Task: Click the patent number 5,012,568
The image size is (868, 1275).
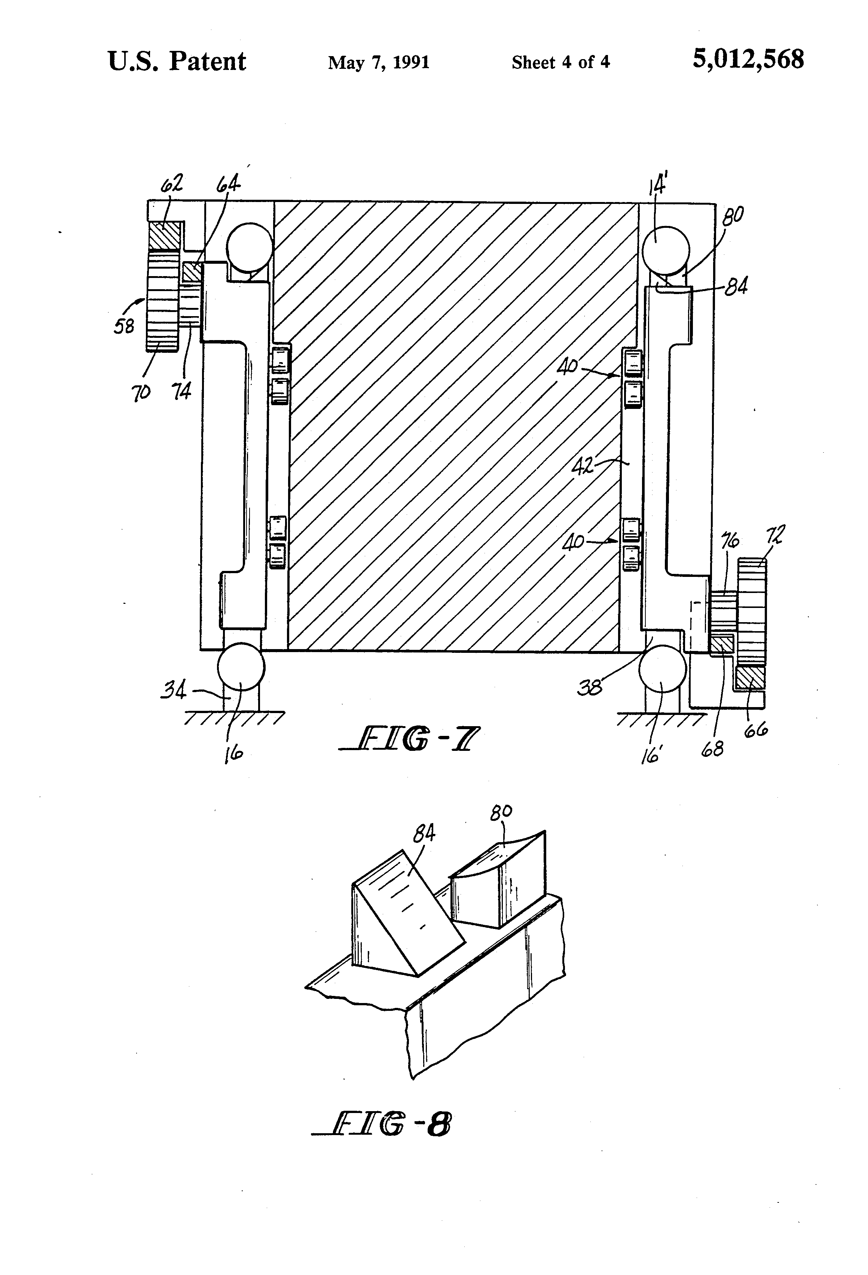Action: [x=748, y=59]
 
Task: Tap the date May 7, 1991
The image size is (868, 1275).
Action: [x=379, y=62]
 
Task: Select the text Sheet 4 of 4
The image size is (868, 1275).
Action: [x=560, y=62]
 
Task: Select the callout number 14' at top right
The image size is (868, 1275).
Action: [x=658, y=184]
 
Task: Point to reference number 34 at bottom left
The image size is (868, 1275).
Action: [x=173, y=690]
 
